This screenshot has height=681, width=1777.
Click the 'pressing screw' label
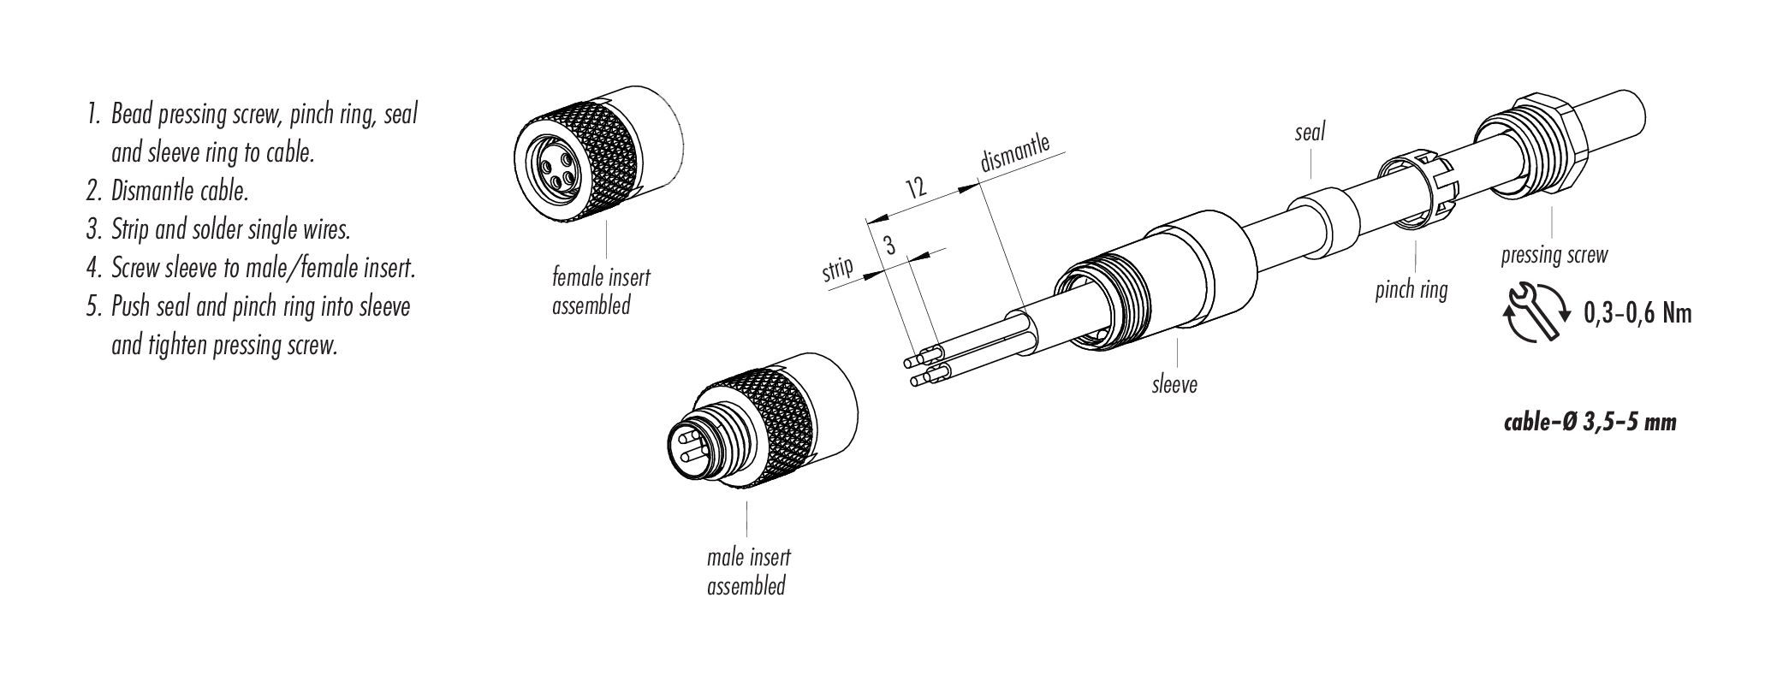(1554, 254)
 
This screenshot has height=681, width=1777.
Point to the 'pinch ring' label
(1411, 290)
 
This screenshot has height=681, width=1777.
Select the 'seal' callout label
(1310, 132)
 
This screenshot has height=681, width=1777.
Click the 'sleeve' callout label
(1174, 384)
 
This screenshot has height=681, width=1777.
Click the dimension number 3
(889, 247)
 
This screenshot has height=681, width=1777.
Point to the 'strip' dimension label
(838, 269)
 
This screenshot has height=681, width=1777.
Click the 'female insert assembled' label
(601, 291)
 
